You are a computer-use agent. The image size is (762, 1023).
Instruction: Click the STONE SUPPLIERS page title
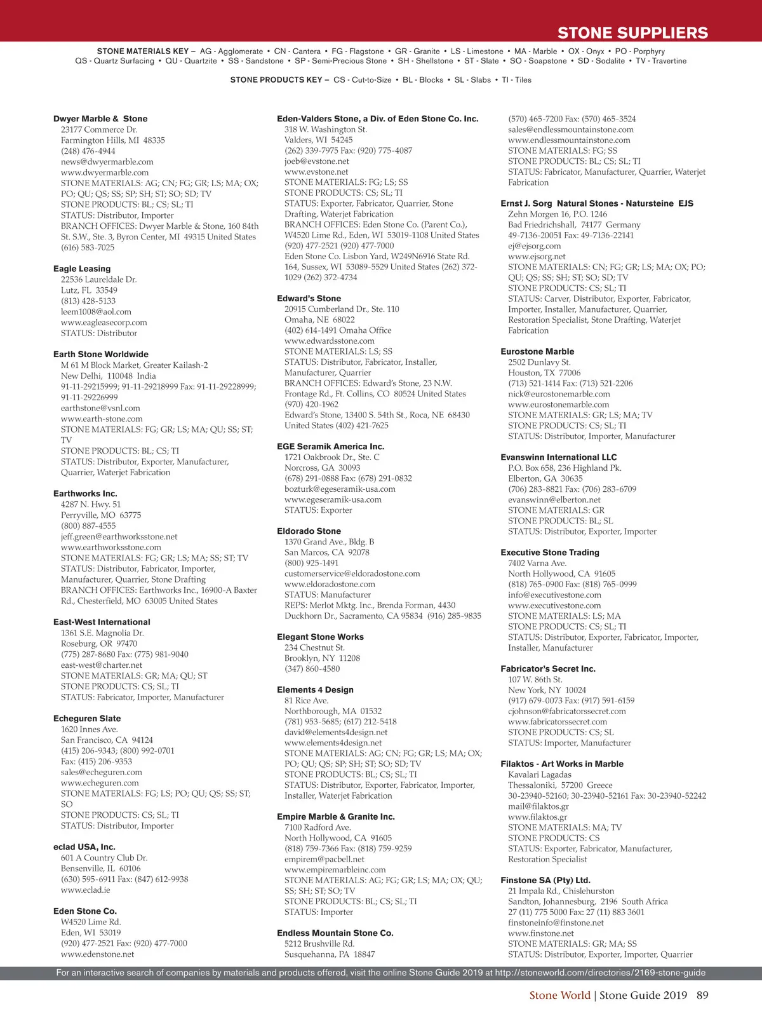pos(632,33)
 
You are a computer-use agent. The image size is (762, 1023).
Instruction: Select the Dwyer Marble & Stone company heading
pos(100,119)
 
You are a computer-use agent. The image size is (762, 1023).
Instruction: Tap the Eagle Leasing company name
pos(82,269)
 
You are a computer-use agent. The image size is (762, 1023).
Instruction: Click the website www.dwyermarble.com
pos(105,172)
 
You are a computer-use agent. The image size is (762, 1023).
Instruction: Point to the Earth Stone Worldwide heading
pos(101,355)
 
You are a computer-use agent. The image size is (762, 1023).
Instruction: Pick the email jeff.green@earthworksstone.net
pos(119,536)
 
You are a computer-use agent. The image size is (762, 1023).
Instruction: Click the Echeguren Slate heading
pos(87,719)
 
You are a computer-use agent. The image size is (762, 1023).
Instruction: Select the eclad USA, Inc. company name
pos(84,847)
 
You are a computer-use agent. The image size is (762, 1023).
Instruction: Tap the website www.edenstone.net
pos(98,954)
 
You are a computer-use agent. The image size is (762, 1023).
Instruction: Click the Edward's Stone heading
pos(309,299)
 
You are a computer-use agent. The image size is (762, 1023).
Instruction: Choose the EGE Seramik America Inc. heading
pos(331,447)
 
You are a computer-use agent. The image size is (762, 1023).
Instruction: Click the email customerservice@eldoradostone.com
pos(352,573)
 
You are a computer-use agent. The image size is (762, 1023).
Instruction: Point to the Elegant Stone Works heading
pos(321,637)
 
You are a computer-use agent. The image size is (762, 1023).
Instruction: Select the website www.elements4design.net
pos(333,742)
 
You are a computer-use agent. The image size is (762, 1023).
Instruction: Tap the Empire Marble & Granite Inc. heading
pos(336,816)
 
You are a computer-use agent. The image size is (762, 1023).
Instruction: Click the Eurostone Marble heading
pos(537,351)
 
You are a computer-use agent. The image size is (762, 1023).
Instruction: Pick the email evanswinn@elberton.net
pos(554,499)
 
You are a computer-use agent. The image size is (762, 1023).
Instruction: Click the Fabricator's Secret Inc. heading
pos(548,668)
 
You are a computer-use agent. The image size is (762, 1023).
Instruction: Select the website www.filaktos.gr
pos(538,816)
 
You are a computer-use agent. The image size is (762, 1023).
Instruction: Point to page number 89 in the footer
pos(702,995)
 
